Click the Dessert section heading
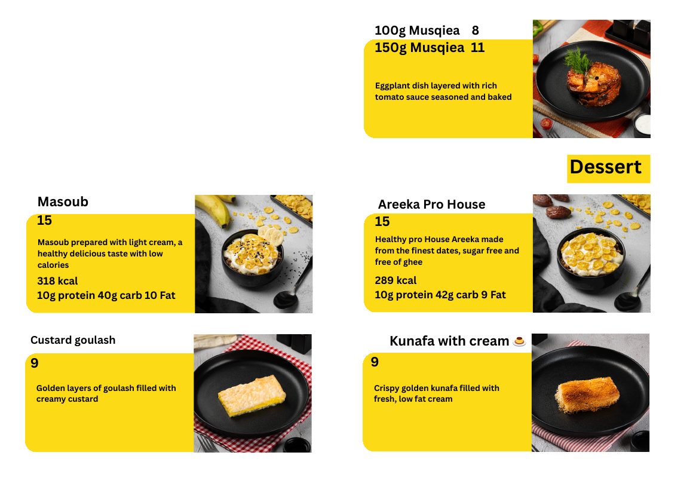click(605, 167)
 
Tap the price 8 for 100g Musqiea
click(475, 30)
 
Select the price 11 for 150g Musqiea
click(477, 48)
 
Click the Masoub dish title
click(63, 201)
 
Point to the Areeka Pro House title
click(431, 204)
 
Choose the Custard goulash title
click(73, 340)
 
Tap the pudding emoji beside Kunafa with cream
click(519, 341)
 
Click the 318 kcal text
click(57, 281)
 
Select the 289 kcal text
click(396, 280)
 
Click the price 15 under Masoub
click(44, 220)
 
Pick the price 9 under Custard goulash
click(34, 363)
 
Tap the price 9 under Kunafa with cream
click(375, 362)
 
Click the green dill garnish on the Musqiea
click(579, 60)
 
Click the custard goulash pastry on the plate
click(252, 395)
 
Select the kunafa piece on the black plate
click(587, 394)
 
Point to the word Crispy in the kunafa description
click(387, 389)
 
